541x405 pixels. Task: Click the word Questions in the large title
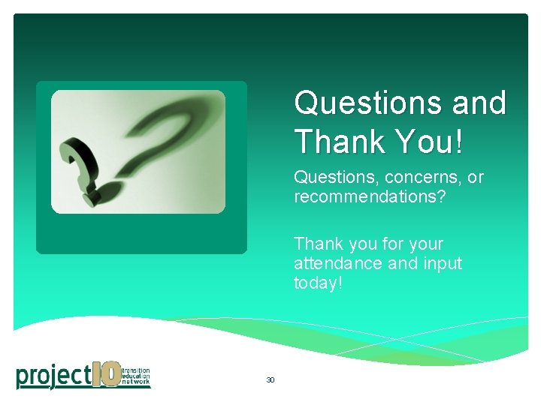point(367,103)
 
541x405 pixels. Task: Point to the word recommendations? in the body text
point(367,196)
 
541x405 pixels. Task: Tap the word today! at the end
point(318,283)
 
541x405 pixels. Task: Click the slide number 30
point(270,380)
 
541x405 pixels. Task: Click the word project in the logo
point(52,375)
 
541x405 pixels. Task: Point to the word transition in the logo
point(136,370)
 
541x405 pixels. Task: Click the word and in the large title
point(479,103)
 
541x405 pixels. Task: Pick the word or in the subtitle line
point(475,178)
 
